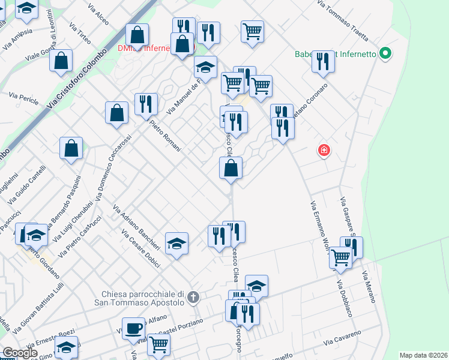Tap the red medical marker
point(324,150)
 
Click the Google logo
point(20,353)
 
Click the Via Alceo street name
point(98,16)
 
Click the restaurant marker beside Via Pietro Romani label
point(146,104)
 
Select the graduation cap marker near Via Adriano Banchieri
point(176,244)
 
